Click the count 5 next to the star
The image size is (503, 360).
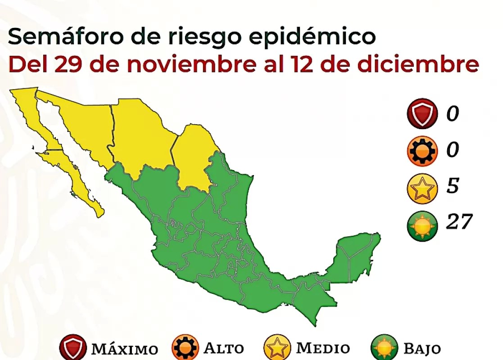(452, 185)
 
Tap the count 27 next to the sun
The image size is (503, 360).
(459, 222)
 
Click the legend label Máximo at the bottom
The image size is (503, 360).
(124, 349)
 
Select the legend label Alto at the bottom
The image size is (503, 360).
(224, 348)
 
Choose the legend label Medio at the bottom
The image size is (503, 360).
(322, 348)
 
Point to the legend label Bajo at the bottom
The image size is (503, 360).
(422, 349)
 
